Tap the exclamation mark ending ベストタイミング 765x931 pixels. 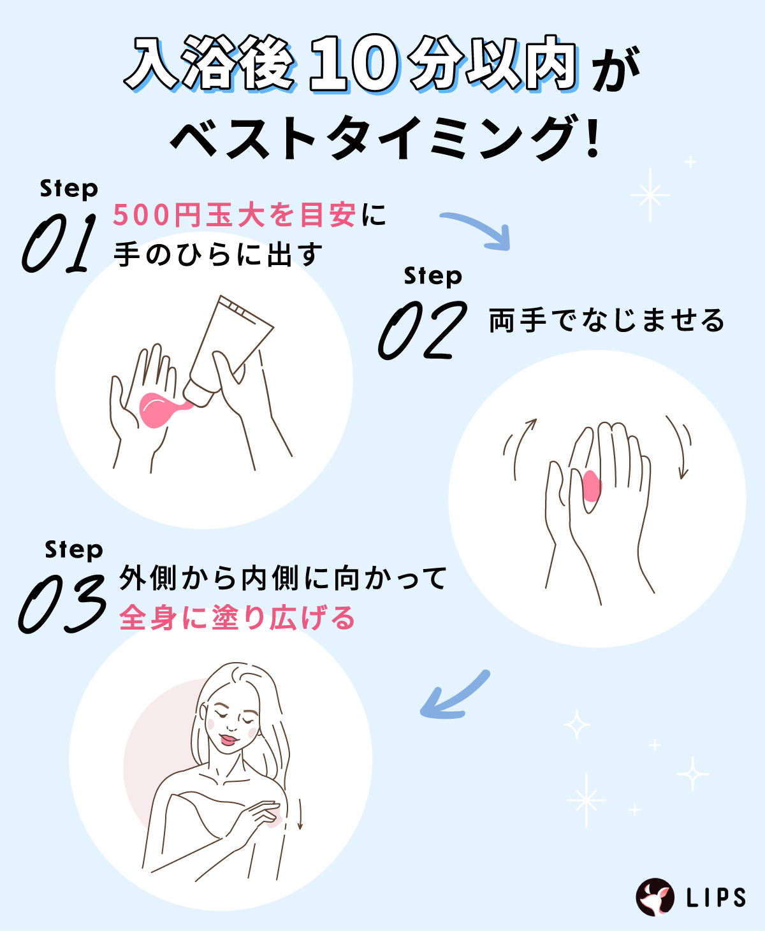click(594, 137)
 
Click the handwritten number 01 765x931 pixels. click(59, 243)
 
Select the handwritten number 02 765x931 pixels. click(421, 331)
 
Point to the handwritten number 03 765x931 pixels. click(62, 603)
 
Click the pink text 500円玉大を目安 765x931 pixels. click(234, 215)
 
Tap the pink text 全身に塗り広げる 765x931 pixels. click(237, 618)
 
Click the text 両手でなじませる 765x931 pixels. click(606, 321)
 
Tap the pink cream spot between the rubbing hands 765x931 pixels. click(592, 486)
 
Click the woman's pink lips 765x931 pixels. click(228, 740)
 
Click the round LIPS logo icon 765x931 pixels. click(655, 897)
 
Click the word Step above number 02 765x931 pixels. click(433, 277)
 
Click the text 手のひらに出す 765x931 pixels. click(218, 255)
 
